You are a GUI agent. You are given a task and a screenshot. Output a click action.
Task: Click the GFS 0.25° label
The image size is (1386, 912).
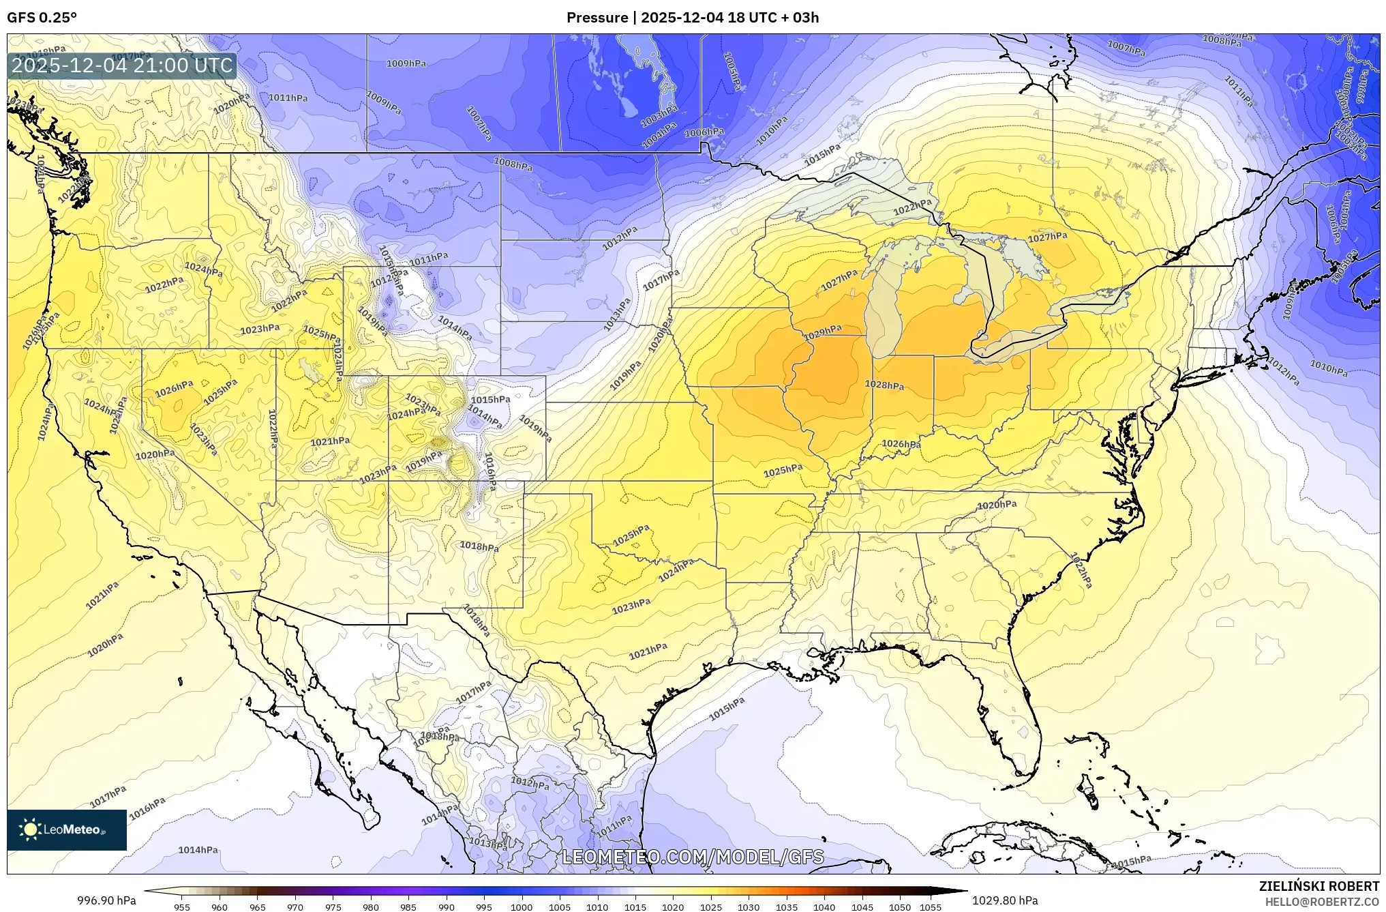click(x=42, y=18)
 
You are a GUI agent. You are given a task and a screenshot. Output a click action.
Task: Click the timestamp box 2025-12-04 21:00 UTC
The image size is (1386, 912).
click(x=123, y=65)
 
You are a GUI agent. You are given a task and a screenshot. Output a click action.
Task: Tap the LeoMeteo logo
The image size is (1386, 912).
click(x=67, y=829)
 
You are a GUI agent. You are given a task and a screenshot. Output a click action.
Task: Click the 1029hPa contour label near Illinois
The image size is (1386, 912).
click(x=822, y=332)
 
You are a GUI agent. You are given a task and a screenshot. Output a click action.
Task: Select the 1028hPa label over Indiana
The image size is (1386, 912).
click(x=884, y=385)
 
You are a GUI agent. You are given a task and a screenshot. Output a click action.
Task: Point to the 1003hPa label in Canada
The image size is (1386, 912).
click(x=659, y=117)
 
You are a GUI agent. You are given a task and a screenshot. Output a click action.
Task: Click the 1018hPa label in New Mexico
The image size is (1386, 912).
click(x=479, y=546)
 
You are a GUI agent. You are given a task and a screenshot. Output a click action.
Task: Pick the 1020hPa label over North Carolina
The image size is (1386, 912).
click(x=997, y=505)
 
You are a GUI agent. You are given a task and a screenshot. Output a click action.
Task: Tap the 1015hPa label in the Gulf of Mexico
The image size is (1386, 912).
click(x=727, y=709)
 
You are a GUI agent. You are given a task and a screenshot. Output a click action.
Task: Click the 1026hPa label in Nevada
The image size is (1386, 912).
click(x=174, y=389)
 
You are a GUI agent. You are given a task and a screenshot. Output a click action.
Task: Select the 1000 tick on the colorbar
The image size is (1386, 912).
click(x=522, y=907)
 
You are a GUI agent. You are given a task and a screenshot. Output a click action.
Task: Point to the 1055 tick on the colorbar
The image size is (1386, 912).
click(x=931, y=907)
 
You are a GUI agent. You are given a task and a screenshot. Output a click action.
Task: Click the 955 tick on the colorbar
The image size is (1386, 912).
click(x=181, y=907)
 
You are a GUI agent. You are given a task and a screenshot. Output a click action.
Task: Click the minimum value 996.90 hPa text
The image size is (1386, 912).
click(x=106, y=900)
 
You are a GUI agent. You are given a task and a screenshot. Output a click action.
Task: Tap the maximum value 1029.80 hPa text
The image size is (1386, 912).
click(x=1006, y=900)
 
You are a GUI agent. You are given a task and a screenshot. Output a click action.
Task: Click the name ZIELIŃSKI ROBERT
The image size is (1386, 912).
click(x=1319, y=886)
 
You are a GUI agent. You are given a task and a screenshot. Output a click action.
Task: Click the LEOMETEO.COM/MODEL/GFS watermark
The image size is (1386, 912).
click(x=693, y=857)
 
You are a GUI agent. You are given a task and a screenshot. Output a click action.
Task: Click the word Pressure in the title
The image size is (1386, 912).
click(x=597, y=18)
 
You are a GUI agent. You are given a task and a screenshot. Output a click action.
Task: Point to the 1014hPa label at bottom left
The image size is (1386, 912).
click(x=198, y=850)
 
